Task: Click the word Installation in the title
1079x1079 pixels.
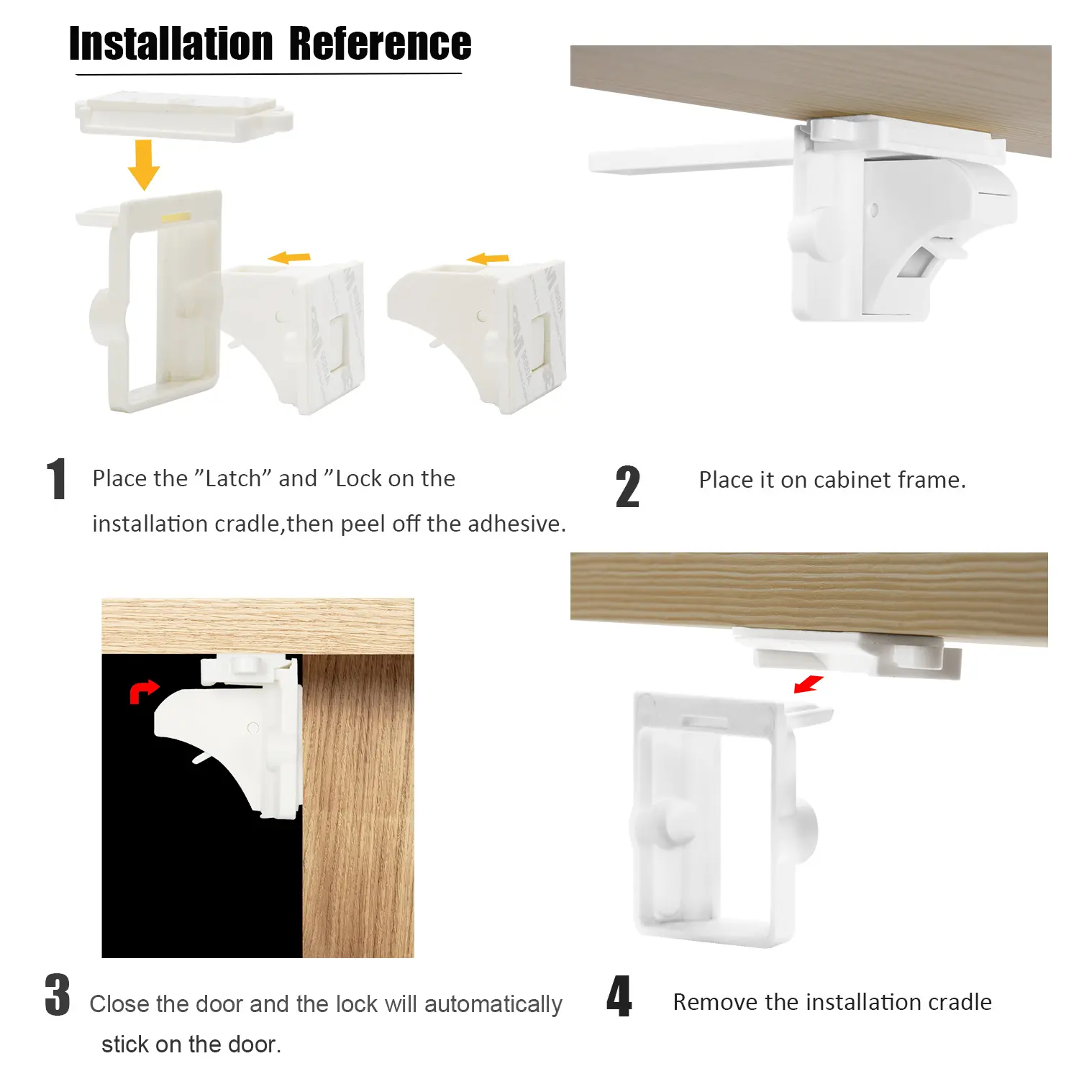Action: [x=171, y=44]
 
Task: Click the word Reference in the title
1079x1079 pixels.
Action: [x=380, y=44]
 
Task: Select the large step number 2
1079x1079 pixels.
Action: [x=627, y=487]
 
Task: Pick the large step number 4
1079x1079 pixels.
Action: [x=619, y=996]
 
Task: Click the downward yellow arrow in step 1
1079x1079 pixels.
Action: [x=144, y=165]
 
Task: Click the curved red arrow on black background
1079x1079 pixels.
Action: [x=143, y=691]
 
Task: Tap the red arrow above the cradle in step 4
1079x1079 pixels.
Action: [x=809, y=683]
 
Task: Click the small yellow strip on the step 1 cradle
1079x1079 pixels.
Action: [x=176, y=217]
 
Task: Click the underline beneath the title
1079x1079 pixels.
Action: [x=269, y=73]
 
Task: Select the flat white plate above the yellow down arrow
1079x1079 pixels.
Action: [x=184, y=115]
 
